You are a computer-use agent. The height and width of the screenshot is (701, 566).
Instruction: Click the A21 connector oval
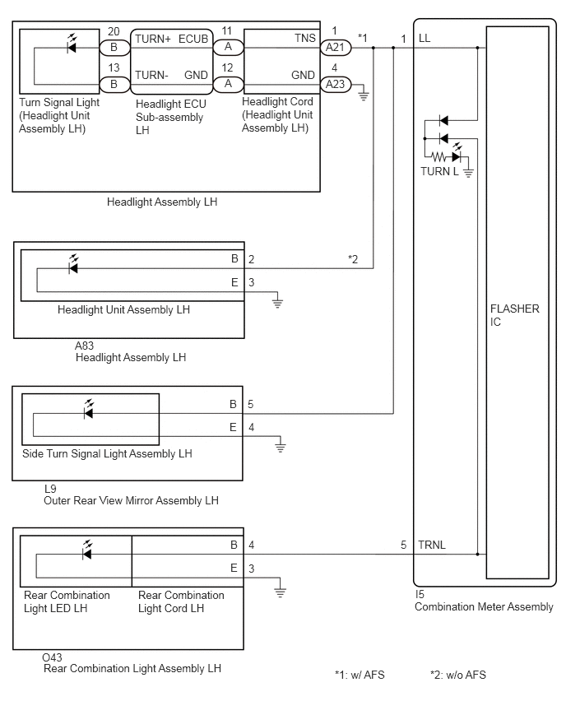336,48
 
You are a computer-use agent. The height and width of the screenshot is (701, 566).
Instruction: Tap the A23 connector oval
336,84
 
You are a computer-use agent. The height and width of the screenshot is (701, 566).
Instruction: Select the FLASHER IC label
515,315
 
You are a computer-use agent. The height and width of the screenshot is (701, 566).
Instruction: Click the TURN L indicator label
439,171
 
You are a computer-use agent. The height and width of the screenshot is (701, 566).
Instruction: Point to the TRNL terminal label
431,545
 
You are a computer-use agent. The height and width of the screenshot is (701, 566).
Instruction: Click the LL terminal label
424,39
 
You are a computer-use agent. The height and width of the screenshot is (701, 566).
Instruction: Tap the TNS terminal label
305,39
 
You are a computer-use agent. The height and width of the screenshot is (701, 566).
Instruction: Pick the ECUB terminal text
193,39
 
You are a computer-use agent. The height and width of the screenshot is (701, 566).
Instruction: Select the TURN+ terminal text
153,39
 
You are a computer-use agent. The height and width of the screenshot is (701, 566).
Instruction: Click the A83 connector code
85,346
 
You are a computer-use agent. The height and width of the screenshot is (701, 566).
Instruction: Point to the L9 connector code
50,489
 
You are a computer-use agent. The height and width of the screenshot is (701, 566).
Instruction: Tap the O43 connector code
52,657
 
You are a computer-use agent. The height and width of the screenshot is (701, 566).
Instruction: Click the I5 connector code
420,594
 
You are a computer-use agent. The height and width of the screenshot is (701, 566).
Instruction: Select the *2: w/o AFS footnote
457,675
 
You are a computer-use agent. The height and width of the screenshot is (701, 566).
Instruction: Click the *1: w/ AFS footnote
360,675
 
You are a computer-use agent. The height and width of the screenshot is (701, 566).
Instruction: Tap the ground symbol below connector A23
364,95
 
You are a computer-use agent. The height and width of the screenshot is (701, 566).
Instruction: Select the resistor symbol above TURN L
439,157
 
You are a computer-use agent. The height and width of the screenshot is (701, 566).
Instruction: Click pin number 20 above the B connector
114,31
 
